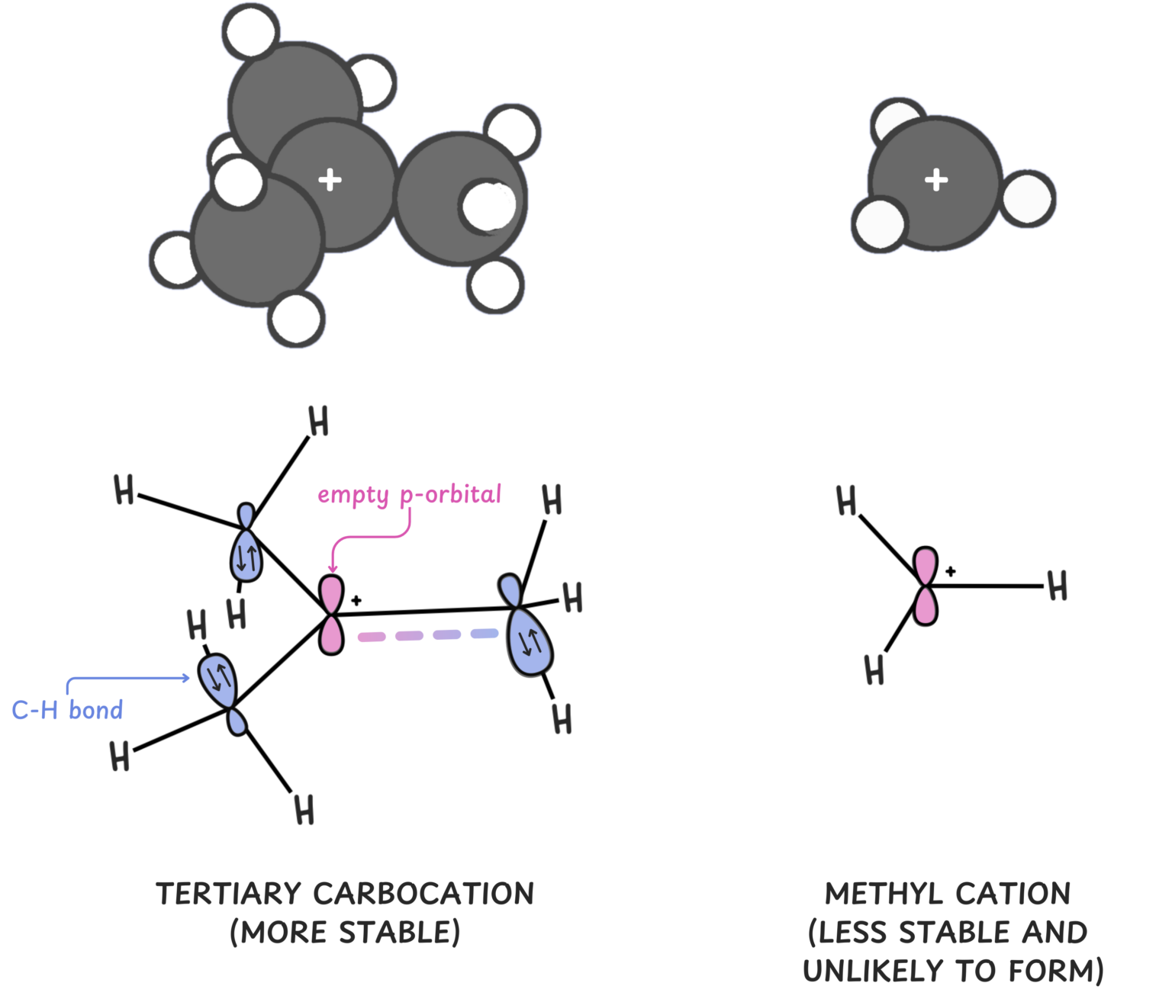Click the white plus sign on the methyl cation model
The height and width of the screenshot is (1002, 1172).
pos(936,180)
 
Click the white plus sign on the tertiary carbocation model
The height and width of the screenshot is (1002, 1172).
pos(330,180)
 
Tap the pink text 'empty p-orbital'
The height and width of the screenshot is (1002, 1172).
pos(409,495)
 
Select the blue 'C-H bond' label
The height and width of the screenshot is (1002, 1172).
pos(67,710)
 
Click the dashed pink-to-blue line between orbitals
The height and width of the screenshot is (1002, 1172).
pos(427,635)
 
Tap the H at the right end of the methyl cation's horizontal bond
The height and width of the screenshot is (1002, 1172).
pos(1057,586)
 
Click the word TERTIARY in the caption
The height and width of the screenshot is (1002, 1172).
pos(229,894)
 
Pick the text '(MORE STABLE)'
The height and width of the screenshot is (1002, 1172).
pos(345,933)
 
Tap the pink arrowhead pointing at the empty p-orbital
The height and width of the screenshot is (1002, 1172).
pos(332,567)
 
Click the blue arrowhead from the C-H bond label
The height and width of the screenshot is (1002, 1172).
pos(185,678)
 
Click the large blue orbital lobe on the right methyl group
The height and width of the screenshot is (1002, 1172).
pos(531,644)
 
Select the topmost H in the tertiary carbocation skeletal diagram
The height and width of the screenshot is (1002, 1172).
pos(318,421)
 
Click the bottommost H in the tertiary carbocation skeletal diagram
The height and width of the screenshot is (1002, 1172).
pos(304,810)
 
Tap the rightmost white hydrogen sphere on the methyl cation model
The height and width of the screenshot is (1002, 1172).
pos(1028,199)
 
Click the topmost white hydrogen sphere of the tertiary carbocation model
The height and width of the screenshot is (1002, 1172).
pos(250,31)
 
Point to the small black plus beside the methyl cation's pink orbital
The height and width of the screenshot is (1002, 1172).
pos(951,571)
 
